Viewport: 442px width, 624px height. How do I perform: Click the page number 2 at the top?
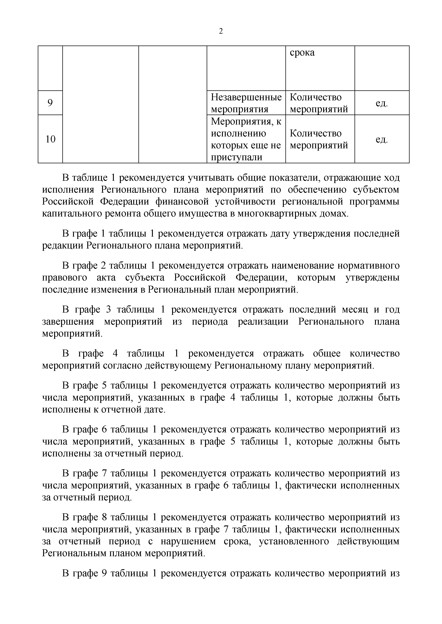[221, 31]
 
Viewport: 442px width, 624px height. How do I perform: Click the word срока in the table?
[302, 52]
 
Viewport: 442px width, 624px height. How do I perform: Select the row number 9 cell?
[50, 103]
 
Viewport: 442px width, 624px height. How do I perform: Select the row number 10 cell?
[50, 139]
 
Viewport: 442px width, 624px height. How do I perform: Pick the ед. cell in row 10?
[382, 139]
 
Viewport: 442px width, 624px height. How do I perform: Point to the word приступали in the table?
[237, 157]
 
